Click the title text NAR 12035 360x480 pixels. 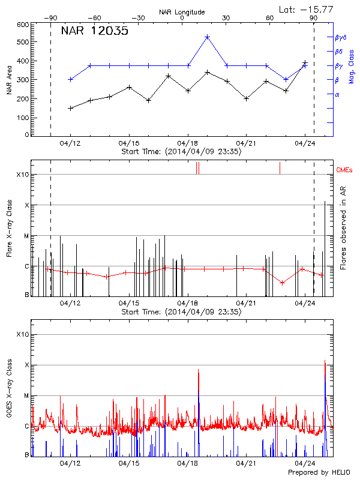(x=95, y=32)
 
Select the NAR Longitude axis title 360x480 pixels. (x=182, y=12)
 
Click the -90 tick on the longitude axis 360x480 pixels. (x=51, y=19)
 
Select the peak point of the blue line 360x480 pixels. (x=207, y=37)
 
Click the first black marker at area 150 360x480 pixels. (x=71, y=108)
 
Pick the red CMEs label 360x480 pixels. (x=345, y=170)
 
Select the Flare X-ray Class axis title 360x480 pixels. (x=9, y=229)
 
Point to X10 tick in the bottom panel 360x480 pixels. (x=23, y=334)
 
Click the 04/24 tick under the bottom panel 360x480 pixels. (x=305, y=463)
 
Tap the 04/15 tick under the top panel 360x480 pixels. (x=129, y=143)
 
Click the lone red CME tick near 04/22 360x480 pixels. (x=280, y=168)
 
